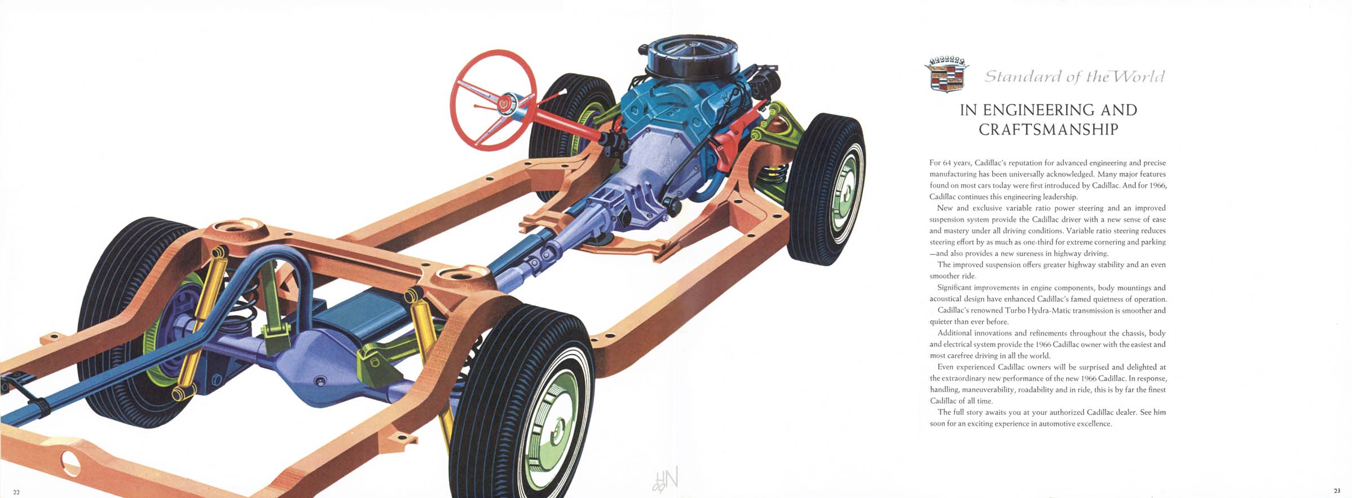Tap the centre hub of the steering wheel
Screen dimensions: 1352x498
[x=502, y=102]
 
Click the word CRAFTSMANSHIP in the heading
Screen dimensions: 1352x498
[x=1049, y=130]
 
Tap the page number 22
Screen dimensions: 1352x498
[x=16, y=492]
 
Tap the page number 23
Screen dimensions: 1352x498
[x=1337, y=491]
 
